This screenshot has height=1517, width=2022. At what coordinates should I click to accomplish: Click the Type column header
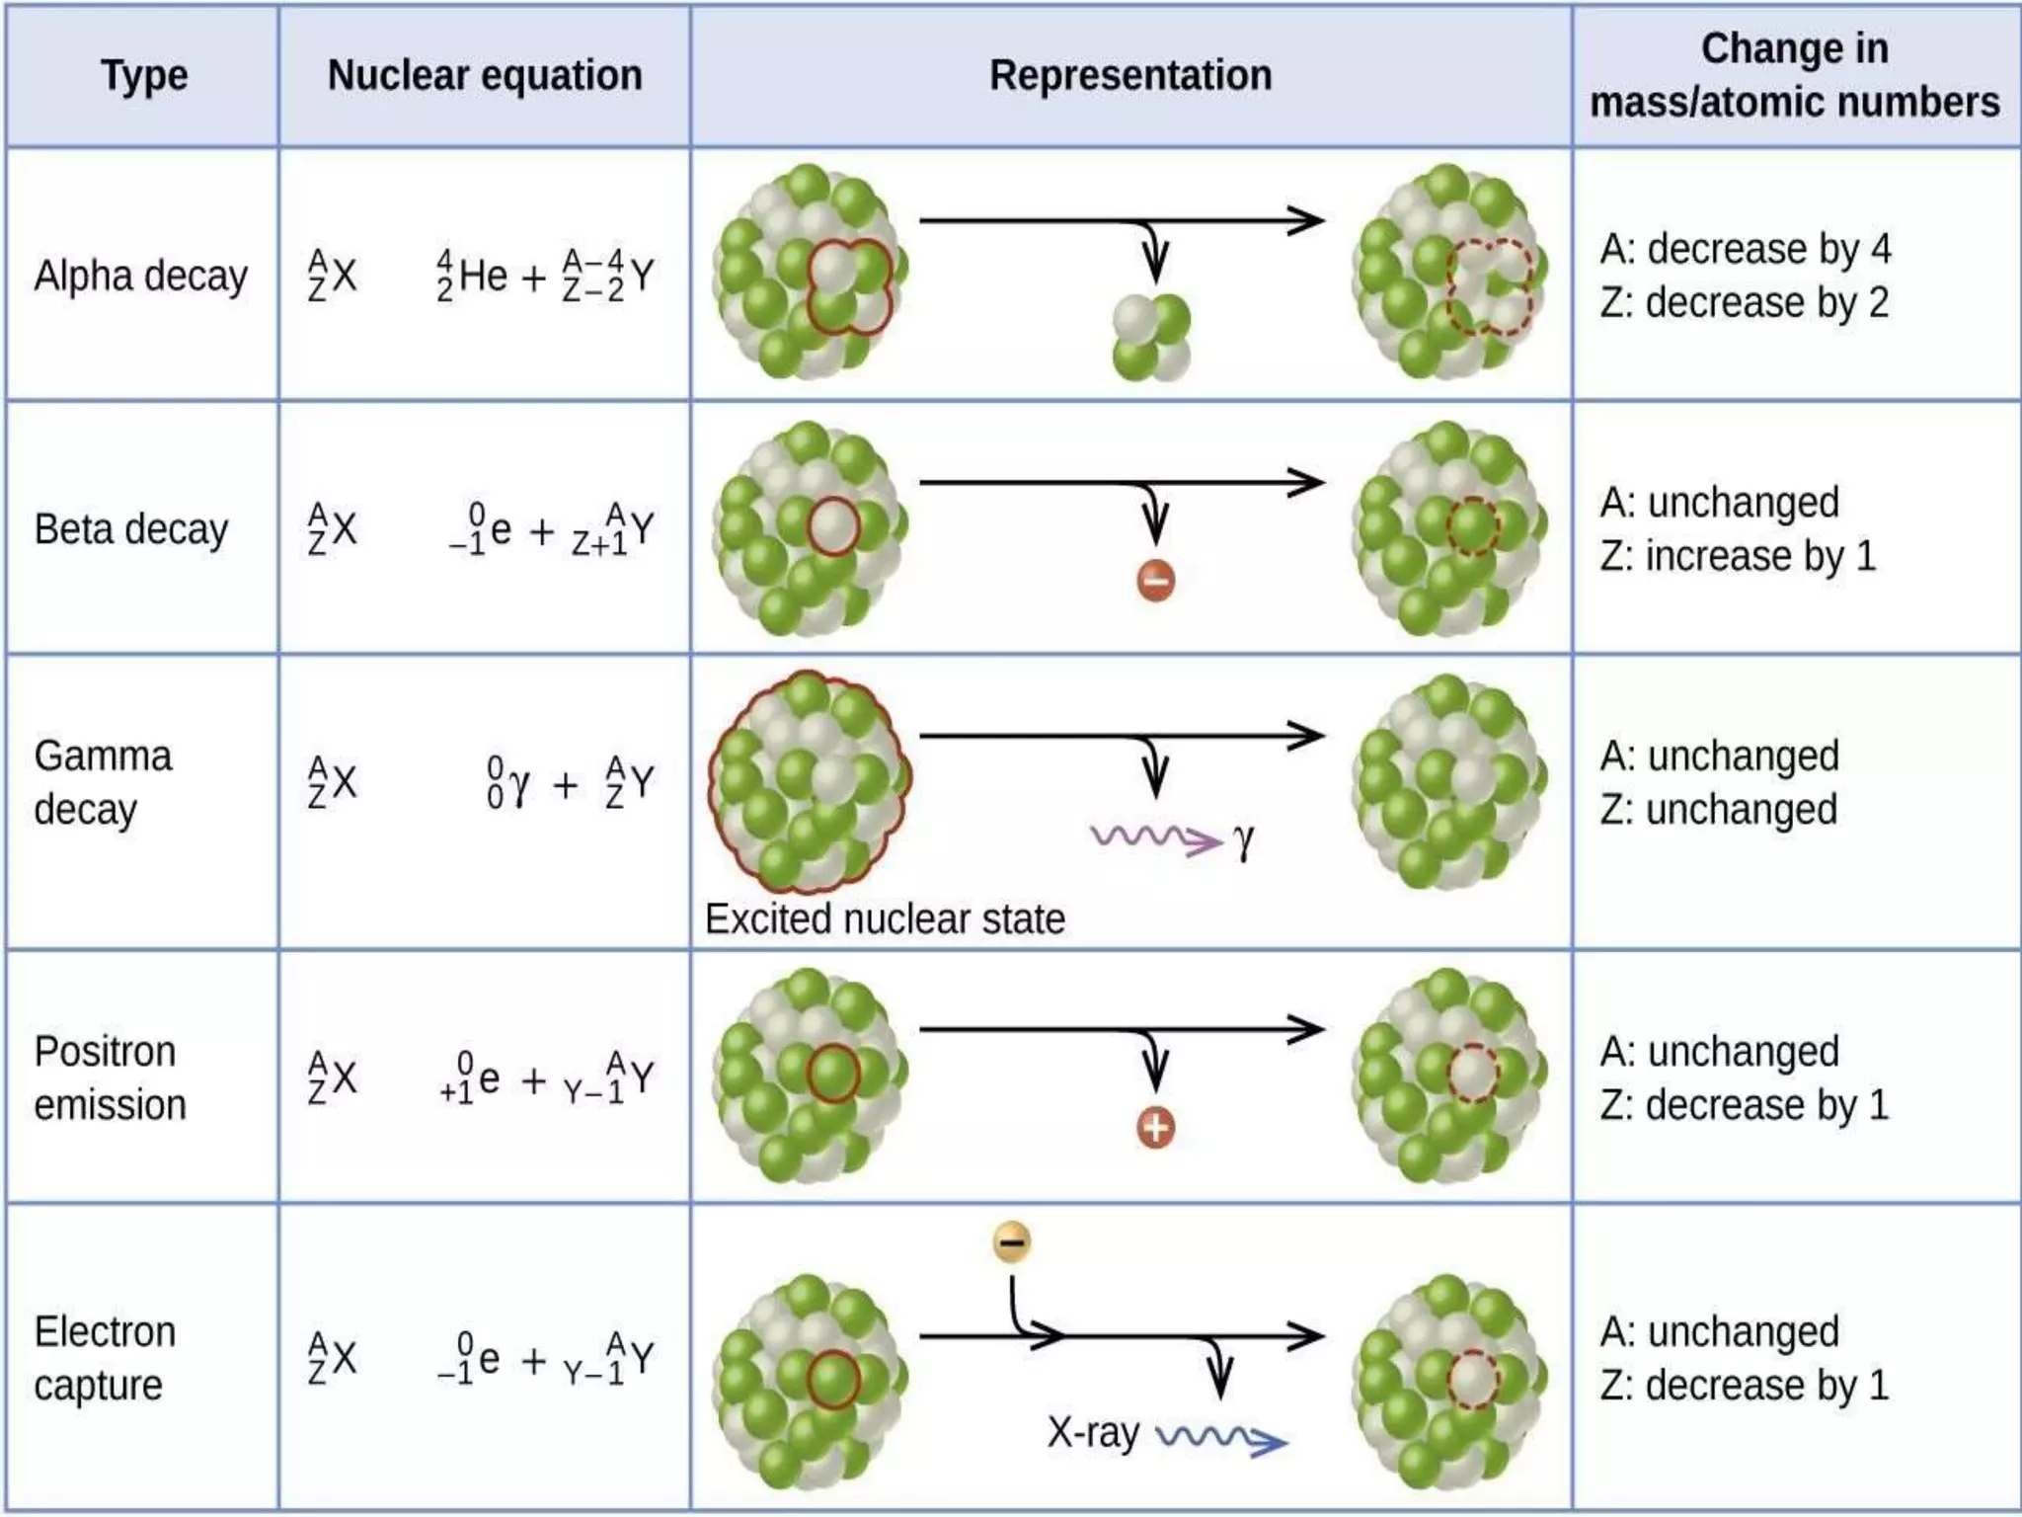point(144,76)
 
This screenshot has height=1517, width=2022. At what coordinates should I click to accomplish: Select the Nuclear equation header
point(485,76)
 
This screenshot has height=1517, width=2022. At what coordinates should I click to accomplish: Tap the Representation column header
point(1130,76)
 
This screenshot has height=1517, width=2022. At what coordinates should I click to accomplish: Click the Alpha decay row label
point(140,276)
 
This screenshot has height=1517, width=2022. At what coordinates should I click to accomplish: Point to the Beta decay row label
point(131,529)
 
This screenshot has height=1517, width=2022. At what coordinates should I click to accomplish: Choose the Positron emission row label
point(109,1078)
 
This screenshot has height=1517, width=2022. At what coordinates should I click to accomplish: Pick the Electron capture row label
point(105,1358)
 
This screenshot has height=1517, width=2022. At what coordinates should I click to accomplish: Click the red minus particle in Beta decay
point(1156,580)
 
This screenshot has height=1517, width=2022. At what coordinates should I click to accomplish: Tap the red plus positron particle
point(1156,1128)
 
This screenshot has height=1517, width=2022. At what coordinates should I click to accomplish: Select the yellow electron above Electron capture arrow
point(1012,1241)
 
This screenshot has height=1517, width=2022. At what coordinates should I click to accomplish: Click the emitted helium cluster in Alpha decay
point(1151,337)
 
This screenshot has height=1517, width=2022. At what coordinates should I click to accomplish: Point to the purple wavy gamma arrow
point(1155,838)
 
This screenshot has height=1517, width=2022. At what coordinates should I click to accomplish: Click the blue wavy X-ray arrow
point(1221,1438)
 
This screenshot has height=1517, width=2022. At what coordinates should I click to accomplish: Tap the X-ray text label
point(1093,1432)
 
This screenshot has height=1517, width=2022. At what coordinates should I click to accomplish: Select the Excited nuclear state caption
point(885,919)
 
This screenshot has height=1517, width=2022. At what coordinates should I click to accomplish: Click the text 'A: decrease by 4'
point(1745,249)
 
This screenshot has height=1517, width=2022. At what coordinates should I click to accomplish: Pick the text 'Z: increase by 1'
point(1737,556)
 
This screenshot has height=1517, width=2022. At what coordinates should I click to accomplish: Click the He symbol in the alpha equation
point(483,276)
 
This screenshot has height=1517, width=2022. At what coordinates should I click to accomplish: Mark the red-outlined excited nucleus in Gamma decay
point(810,782)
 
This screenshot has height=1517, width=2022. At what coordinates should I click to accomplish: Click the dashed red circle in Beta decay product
point(1473,525)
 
